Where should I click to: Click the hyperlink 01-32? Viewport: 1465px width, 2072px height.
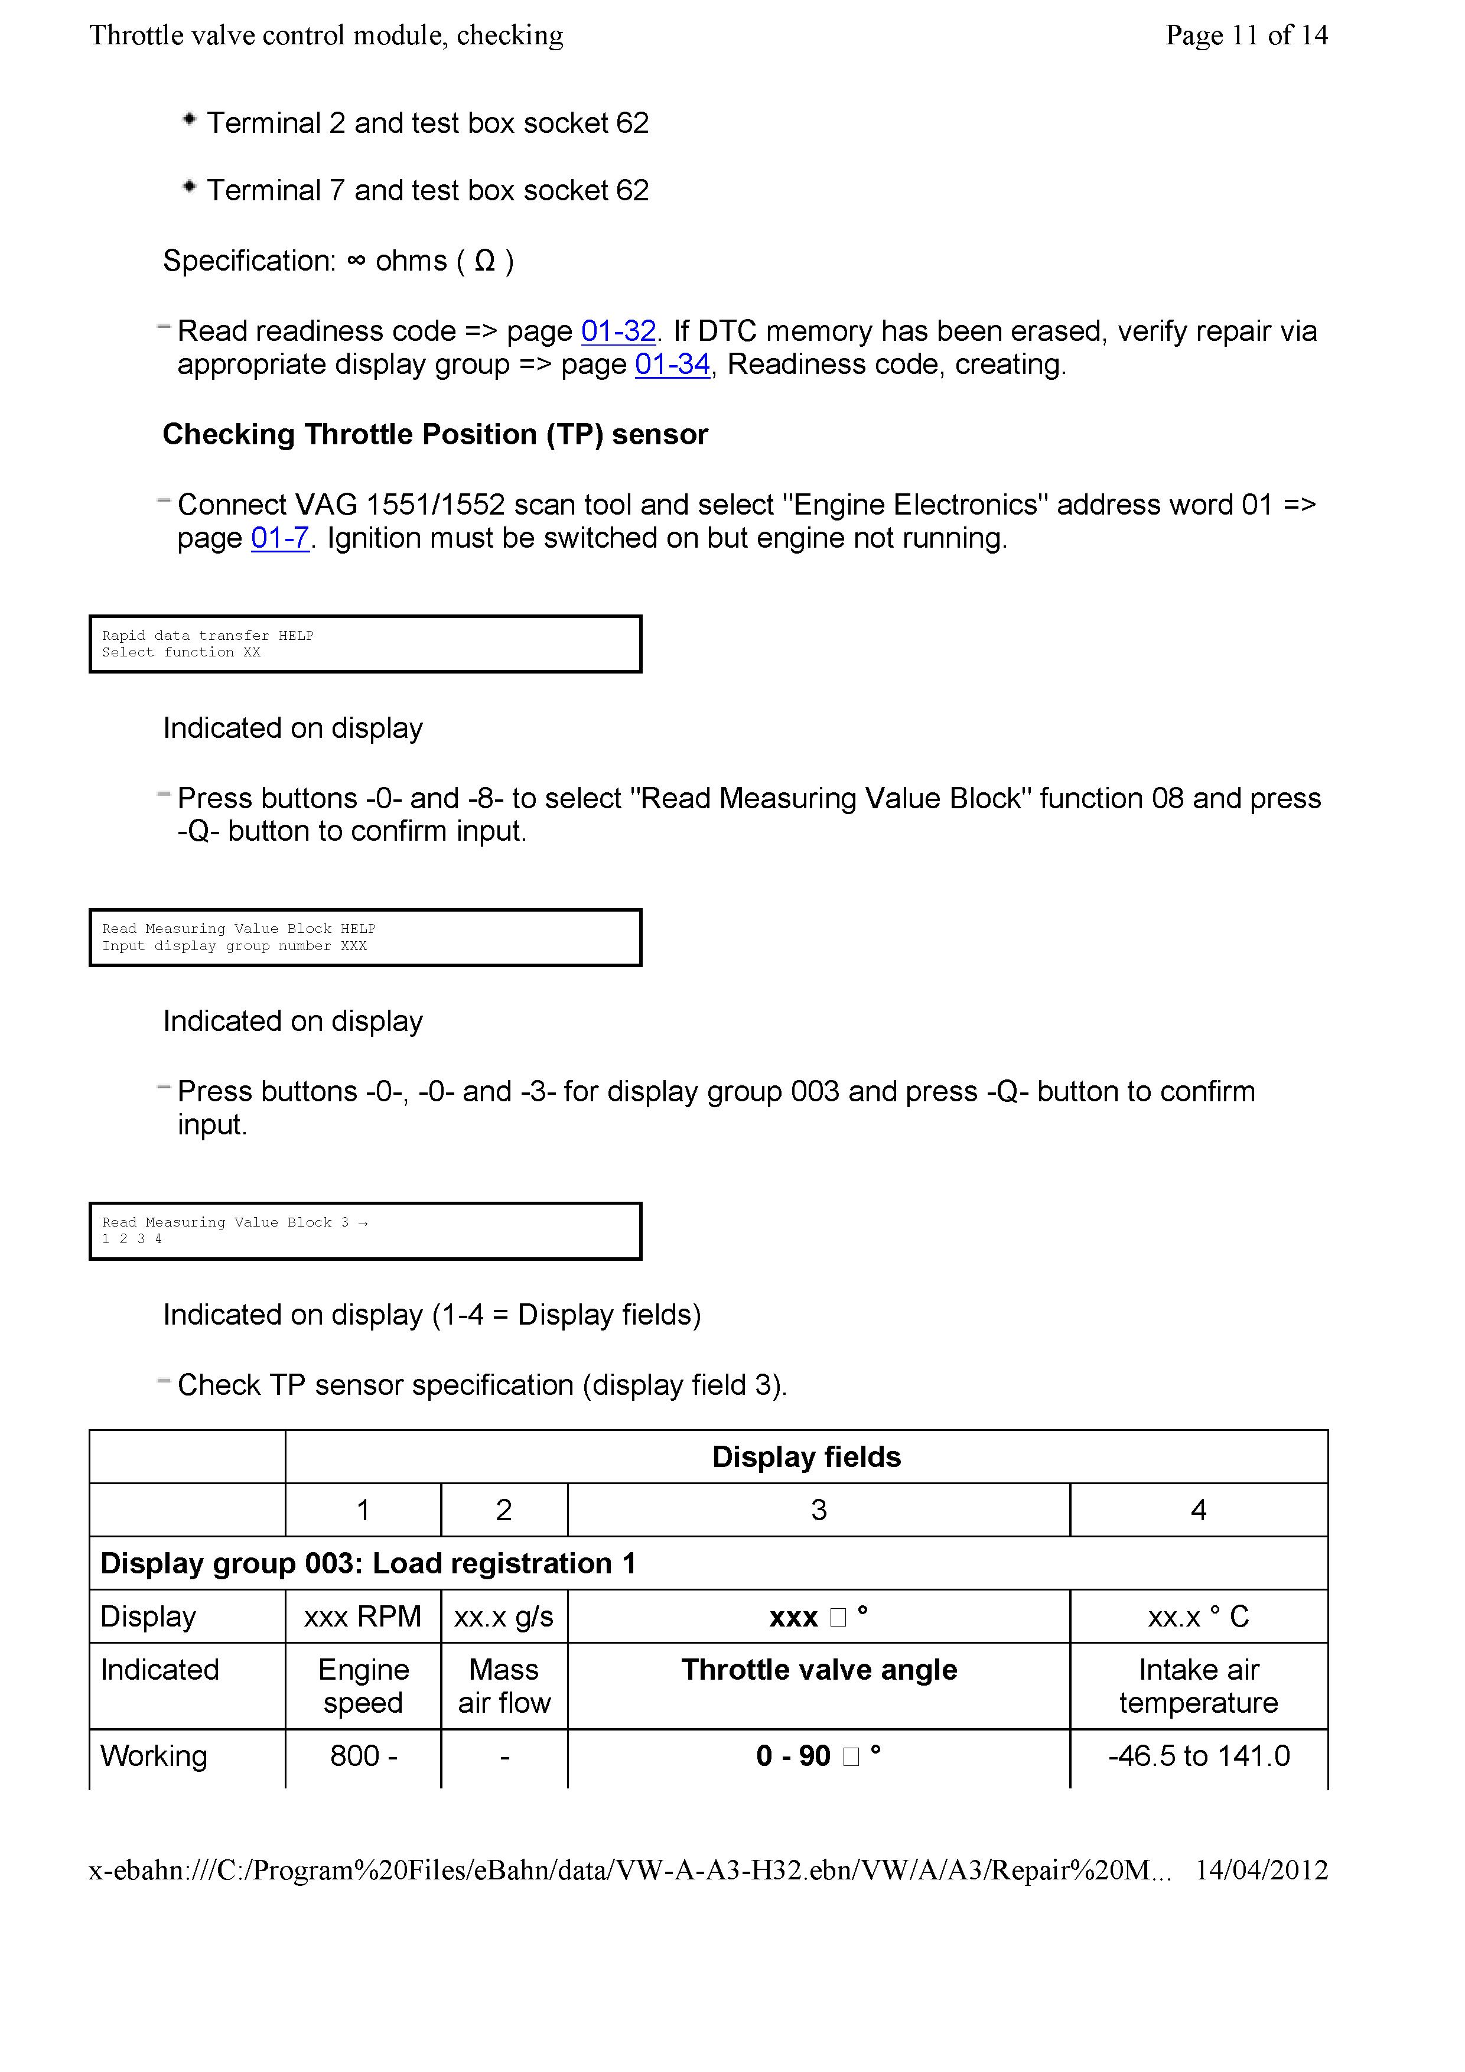click(x=618, y=331)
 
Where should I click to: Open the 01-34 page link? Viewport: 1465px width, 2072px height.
click(x=672, y=365)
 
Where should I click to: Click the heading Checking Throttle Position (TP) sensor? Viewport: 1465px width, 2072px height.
click(x=435, y=434)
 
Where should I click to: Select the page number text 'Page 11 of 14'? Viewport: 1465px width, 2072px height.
click(x=1246, y=35)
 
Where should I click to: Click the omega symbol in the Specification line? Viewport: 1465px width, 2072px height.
click(x=484, y=261)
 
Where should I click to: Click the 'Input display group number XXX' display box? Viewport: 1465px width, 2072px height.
click(x=365, y=938)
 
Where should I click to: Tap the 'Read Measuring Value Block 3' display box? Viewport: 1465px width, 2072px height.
click(x=365, y=1231)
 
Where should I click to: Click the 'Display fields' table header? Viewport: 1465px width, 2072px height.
click(x=806, y=1456)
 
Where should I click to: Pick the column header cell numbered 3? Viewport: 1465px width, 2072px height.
click(x=818, y=1510)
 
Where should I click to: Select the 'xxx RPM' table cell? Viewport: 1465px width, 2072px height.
click(x=363, y=1616)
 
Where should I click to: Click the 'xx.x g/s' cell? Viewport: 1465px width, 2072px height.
click(x=503, y=1616)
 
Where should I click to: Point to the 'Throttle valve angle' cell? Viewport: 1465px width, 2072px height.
click(x=818, y=1670)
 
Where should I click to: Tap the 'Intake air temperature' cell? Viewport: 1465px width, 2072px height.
click(x=1198, y=1686)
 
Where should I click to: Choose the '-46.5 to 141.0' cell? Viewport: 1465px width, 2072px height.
click(x=1198, y=1755)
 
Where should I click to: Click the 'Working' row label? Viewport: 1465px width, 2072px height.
click(x=154, y=1755)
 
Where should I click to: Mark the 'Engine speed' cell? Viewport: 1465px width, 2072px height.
click(x=363, y=1686)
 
